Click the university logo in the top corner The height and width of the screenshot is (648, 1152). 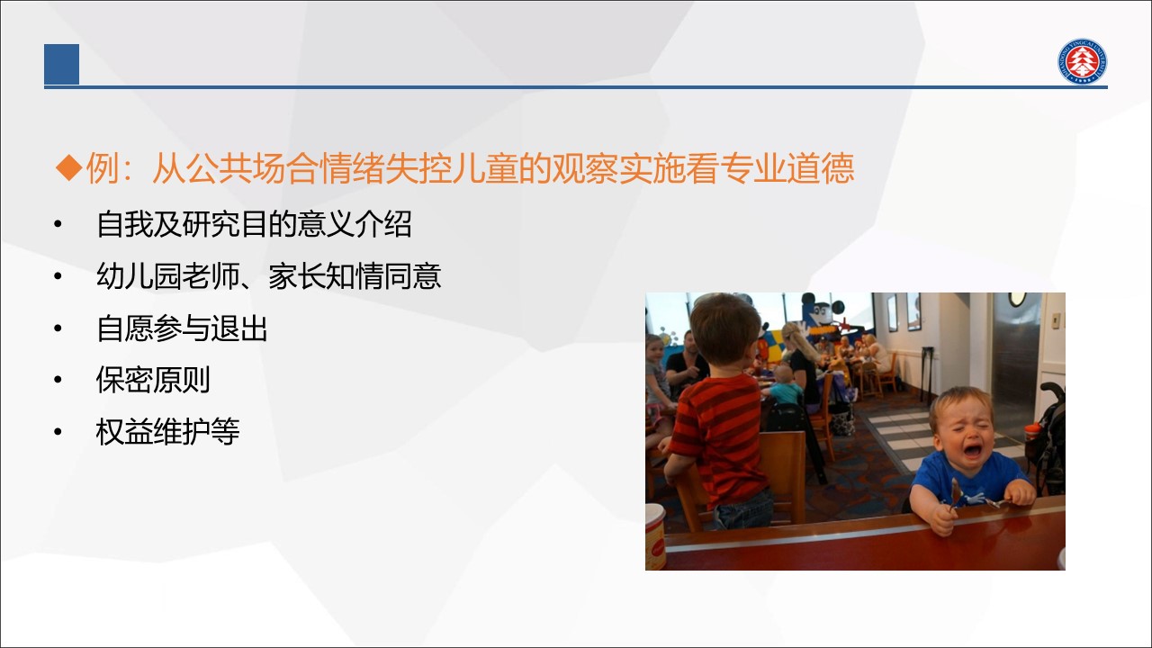coord(1083,61)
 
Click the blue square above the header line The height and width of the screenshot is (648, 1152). coord(62,64)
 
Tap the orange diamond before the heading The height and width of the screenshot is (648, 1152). coord(69,167)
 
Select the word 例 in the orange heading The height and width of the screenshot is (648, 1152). coord(103,168)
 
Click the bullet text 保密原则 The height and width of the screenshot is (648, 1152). coord(153,380)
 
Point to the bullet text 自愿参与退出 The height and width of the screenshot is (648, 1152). coord(182,328)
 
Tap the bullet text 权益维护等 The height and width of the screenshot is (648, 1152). coord(167,431)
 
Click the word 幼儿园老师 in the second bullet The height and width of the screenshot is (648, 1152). coord(167,276)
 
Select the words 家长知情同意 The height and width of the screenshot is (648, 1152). coord(355,276)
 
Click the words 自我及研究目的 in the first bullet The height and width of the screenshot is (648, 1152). coord(197,224)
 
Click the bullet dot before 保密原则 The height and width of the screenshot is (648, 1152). coord(58,380)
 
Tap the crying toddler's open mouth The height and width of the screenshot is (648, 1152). coord(973,451)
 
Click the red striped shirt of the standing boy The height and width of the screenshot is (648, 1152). coord(721,437)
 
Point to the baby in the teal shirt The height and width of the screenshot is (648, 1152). coord(783,386)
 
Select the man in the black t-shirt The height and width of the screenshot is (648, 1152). coord(687,360)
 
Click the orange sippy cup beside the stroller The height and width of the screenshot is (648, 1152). coord(1032,436)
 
